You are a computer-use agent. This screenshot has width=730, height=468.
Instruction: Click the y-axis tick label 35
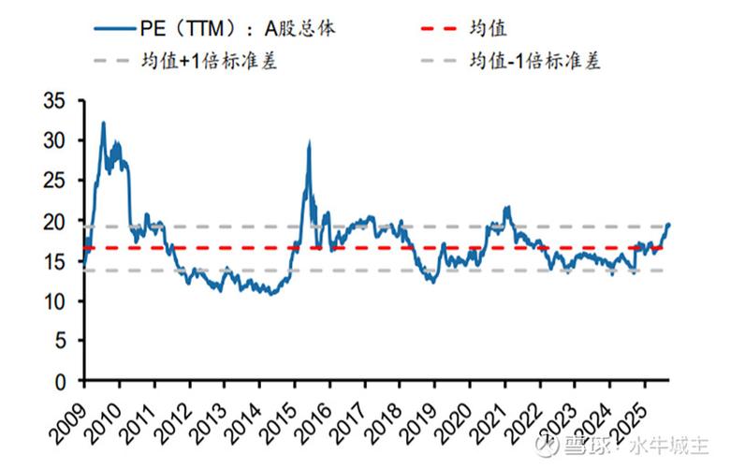[x=58, y=101]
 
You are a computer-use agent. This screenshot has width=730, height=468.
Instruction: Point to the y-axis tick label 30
[x=58, y=141]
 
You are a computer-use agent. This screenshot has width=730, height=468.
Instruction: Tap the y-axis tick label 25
[x=58, y=182]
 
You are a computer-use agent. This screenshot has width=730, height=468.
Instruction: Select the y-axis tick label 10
[x=58, y=301]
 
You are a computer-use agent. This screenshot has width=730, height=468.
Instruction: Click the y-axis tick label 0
[x=63, y=382]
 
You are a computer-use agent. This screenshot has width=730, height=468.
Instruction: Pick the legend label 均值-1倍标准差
[x=533, y=62]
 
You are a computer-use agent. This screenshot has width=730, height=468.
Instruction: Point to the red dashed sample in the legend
[x=445, y=28]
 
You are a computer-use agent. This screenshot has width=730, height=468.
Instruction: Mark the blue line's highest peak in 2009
[x=103, y=123]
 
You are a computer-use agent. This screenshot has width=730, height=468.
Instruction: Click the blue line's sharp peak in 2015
[x=309, y=142]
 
